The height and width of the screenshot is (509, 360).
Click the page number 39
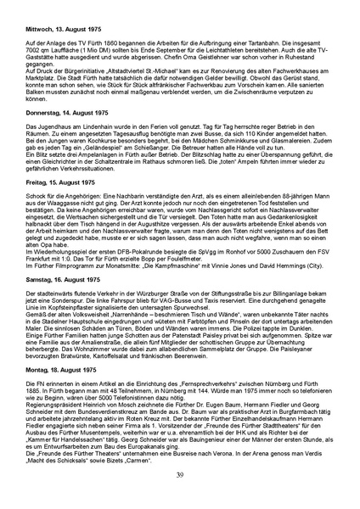point(179,473)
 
